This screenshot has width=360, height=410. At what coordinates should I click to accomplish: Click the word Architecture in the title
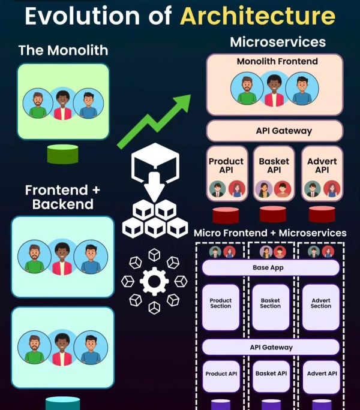click(x=257, y=16)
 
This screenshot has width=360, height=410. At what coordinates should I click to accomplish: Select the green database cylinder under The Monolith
click(x=63, y=154)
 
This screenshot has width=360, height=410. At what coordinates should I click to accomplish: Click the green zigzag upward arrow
click(x=154, y=120)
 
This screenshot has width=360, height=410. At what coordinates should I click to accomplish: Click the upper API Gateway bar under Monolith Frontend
click(x=275, y=131)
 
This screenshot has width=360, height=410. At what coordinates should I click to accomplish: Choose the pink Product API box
click(x=226, y=172)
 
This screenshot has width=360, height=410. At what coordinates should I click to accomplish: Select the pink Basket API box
click(x=274, y=172)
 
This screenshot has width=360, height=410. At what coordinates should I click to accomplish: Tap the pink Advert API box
click(x=322, y=172)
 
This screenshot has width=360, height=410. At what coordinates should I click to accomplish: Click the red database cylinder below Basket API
click(x=273, y=214)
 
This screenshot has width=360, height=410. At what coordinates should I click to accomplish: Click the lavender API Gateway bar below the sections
click(x=271, y=347)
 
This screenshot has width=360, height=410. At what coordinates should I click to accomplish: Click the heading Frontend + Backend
click(x=63, y=197)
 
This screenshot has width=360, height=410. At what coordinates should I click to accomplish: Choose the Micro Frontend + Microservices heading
click(x=270, y=233)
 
